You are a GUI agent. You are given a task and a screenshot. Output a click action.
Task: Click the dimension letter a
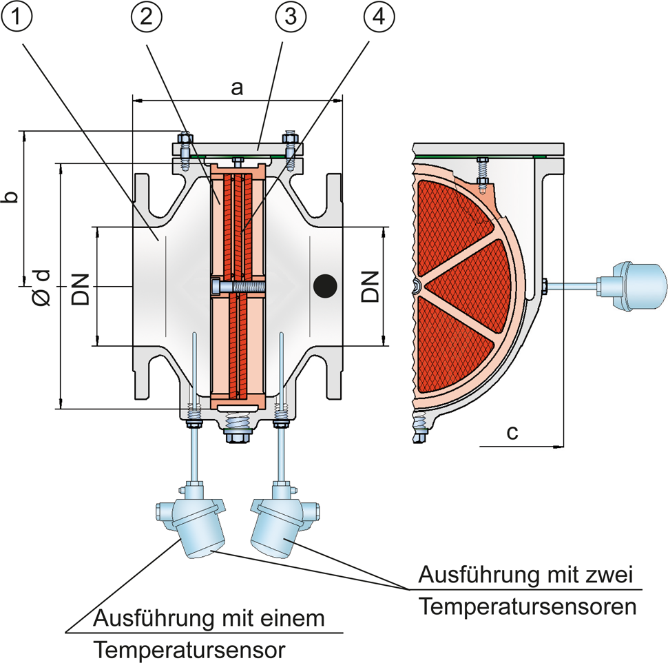(x=238, y=88)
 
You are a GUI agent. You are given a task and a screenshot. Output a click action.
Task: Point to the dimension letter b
(x=10, y=196)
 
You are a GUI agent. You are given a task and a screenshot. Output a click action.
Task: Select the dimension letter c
(x=511, y=432)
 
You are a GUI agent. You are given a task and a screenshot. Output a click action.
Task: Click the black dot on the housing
(x=324, y=284)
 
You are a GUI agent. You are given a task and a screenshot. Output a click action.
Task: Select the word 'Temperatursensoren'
(x=527, y=607)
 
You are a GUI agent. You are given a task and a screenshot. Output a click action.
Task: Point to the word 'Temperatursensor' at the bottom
(x=190, y=649)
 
